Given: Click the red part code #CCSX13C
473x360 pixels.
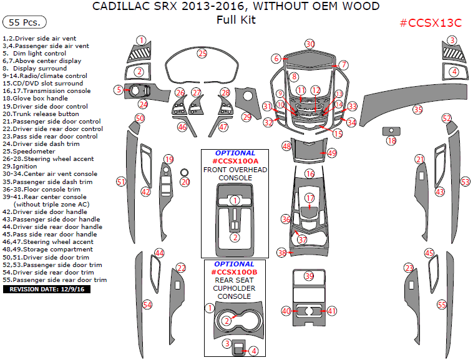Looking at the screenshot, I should [430, 23].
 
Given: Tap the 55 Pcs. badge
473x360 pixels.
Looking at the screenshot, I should [25, 22].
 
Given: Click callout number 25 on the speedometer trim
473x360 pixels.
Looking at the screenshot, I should [202, 54].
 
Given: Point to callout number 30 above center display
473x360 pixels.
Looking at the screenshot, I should [310, 44].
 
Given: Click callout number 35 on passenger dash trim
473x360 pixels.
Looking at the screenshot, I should [417, 109].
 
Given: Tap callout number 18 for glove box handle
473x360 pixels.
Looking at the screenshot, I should [391, 141].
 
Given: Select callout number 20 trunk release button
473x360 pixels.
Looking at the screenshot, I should [185, 182].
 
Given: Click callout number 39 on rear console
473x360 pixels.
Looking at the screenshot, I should [310, 276].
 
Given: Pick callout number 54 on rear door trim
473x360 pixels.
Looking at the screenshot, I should [147, 304].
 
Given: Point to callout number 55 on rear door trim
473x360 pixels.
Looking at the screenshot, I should [442, 304].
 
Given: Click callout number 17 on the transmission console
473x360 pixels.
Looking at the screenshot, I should [310, 198].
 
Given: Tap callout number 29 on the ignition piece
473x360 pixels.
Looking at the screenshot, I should [246, 117].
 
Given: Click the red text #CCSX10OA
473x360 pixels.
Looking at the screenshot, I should [235, 161].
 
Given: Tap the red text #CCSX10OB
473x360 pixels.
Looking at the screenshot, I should [234, 273].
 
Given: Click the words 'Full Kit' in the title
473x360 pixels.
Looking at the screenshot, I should [236, 20].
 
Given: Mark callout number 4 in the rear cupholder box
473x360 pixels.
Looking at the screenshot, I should [254, 351].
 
